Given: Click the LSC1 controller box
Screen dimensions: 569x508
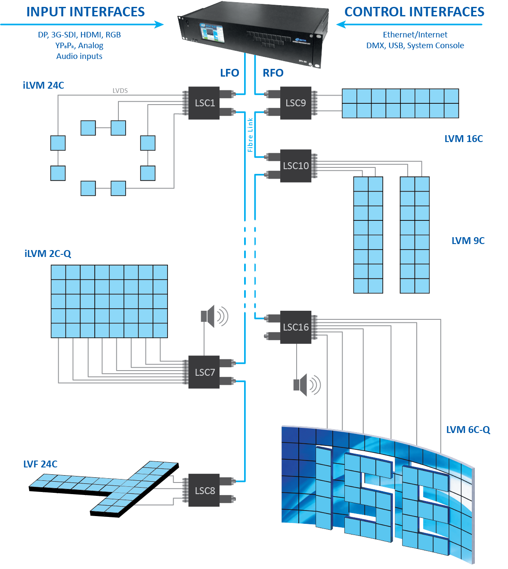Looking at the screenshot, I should (204, 103).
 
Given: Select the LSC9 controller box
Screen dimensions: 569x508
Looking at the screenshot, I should (296, 103).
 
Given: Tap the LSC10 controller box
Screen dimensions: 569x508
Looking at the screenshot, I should (296, 166).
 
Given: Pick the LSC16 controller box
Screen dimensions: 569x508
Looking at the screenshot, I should (296, 327).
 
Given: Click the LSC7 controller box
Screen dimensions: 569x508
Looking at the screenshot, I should (204, 372).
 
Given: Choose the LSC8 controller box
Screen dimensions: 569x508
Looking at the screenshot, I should (204, 491).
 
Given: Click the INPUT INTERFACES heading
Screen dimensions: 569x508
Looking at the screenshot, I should (86, 12).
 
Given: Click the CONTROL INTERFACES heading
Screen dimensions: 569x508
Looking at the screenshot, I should (414, 12).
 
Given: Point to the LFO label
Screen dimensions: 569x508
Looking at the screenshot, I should (229, 73).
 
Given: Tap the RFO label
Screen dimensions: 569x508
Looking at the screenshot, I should (273, 73).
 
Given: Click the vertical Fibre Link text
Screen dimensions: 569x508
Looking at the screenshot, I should (250, 135).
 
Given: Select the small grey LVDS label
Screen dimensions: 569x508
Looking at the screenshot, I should (120, 90).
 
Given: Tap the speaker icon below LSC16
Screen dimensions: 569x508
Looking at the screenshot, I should (307, 385).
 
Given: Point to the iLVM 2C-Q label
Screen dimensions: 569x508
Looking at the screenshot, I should (48, 254).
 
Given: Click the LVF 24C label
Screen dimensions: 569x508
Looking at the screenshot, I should (40, 464).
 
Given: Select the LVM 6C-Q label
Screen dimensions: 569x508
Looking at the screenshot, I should (468, 430).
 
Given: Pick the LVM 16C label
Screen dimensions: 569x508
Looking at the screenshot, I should (464, 139).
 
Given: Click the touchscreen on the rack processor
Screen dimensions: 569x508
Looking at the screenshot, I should (210, 33).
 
